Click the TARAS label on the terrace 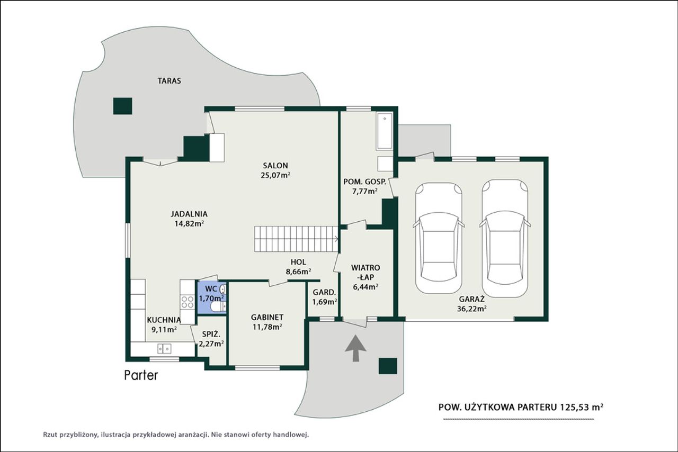[x=169, y=81]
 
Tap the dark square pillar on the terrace [x=122, y=106]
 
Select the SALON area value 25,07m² [x=276, y=175]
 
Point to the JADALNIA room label [x=189, y=214]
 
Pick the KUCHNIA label [x=164, y=320]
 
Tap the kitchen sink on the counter [x=164, y=348]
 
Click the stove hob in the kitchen [x=188, y=302]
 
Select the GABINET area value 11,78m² [x=267, y=327]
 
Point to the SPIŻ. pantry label [x=211, y=335]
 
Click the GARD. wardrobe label [x=325, y=293]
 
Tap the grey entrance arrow [x=355, y=348]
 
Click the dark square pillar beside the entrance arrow [x=388, y=366]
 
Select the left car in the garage [x=439, y=238]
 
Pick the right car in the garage [x=505, y=238]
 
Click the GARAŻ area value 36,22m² [x=472, y=309]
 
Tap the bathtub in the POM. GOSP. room [x=385, y=131]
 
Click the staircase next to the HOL [x=296, y=239]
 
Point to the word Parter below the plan [x=141, y=375]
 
